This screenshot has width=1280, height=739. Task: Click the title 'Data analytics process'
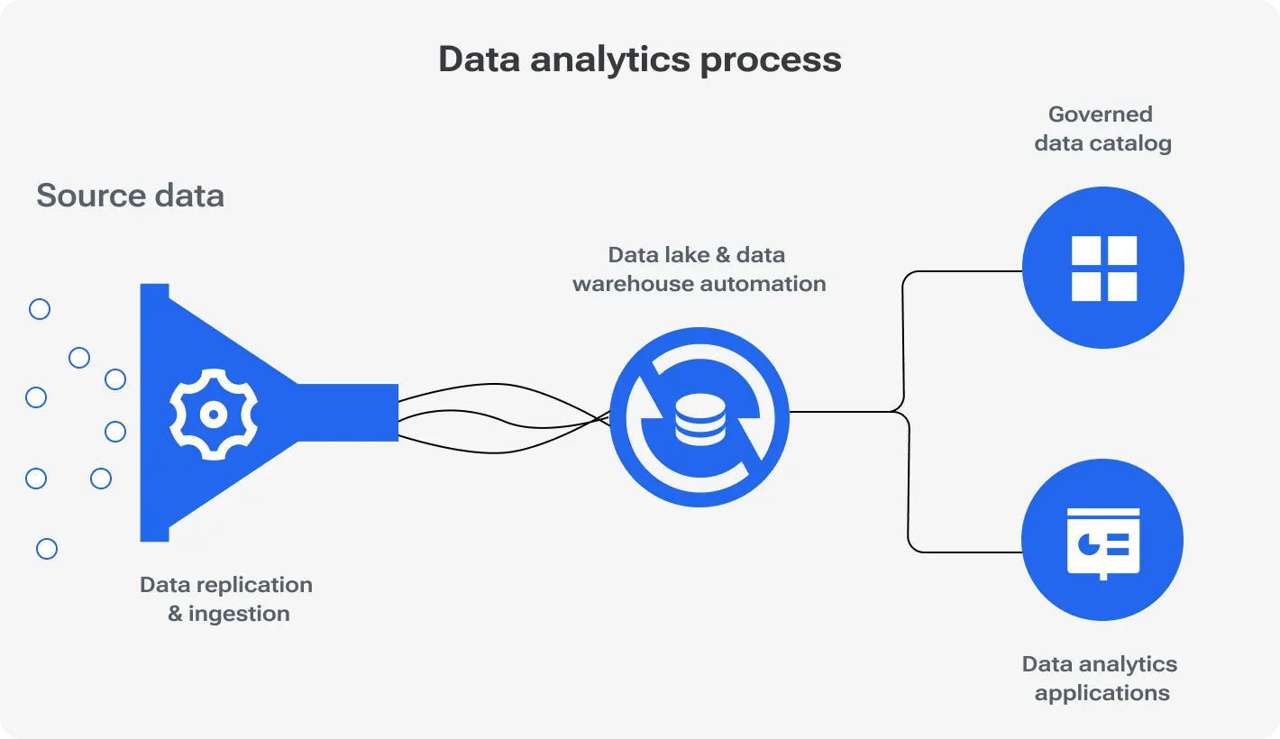(640, 59)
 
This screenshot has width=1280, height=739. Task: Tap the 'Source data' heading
(130, 196)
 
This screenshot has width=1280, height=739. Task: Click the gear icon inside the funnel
(214, 415)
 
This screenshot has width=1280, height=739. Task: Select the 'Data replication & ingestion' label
(226, 599)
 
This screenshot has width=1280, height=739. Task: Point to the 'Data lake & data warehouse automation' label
(699, 269)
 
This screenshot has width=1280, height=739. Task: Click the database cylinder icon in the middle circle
(699, 417)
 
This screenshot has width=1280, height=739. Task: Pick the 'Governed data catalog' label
(1102, 129)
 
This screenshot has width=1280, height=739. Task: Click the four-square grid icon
(1103, 269)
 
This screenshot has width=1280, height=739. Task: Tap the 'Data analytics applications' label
(1100, 679)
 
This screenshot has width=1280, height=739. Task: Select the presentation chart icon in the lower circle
(1103, 542)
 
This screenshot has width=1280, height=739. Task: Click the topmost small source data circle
(40, 310)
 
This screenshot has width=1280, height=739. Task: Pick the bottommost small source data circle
(47, 549)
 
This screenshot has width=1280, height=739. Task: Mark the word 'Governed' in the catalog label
(1100, 114)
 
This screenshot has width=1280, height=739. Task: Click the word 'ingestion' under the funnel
(239, 614)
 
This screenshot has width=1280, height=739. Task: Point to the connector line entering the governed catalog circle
(965, 271)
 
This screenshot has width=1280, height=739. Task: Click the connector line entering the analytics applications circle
(965, 552)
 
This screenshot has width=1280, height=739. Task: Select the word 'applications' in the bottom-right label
(1102, 693)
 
